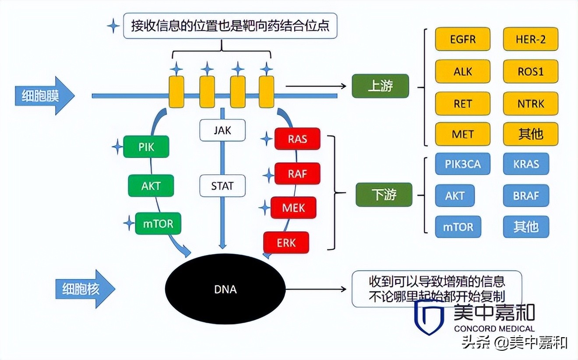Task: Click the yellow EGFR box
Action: coord(462,39)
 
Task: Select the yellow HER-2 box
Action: coord(531,39)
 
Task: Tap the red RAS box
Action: coord(297,139)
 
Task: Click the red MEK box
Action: coord(293,207)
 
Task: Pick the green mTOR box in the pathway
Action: coord(158,223)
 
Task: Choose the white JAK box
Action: coord(222,130)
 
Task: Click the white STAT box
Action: coord(222,186)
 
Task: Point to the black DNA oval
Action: coord(225,289)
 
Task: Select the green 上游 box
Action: coord(380,86)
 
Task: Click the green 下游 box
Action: coord(384,194)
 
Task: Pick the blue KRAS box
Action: coord(526,165)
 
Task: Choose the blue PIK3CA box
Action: coord(462,165)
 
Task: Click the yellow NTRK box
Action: coord(531,103)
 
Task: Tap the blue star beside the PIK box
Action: coord(117,147)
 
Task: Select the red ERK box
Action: coord(286,243)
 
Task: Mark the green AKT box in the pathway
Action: coord(151,186)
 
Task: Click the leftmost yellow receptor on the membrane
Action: coord(176,92)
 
